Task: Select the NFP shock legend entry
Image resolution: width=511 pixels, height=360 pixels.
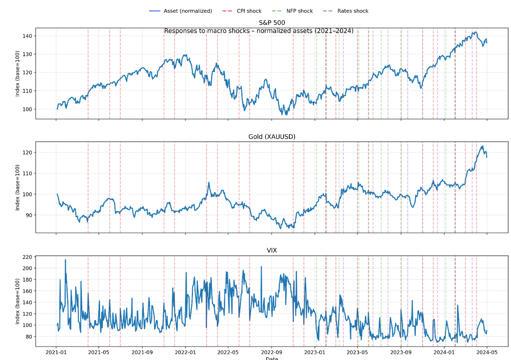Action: (x=300, y=11)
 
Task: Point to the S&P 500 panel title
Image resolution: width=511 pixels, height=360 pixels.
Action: (x=272, y=23)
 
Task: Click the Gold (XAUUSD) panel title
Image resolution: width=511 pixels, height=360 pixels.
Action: (x=272, y=137)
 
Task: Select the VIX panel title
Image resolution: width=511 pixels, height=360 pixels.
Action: (x=272, y=250)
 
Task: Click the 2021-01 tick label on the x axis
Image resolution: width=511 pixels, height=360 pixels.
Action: (x=56, y=352)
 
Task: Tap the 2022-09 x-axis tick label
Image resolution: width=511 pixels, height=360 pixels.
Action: (x=271, y=352)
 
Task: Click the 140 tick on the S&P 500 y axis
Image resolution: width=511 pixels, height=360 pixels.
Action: (x=27, y=36)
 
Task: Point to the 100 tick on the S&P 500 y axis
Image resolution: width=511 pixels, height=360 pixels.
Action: (x=27, y=109)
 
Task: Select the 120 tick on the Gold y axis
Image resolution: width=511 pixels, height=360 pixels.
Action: (x=27, y=153)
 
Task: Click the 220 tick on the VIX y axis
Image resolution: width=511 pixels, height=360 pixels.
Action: (x=27, y=257)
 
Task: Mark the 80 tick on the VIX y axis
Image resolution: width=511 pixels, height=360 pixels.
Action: (x=28, y=337)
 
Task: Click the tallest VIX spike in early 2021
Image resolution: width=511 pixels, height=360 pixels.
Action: (x=65, y=260)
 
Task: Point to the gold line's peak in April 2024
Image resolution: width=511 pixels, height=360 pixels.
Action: (x=482, y=146)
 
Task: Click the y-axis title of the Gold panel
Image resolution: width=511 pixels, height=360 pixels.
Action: (x=18, y=187)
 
